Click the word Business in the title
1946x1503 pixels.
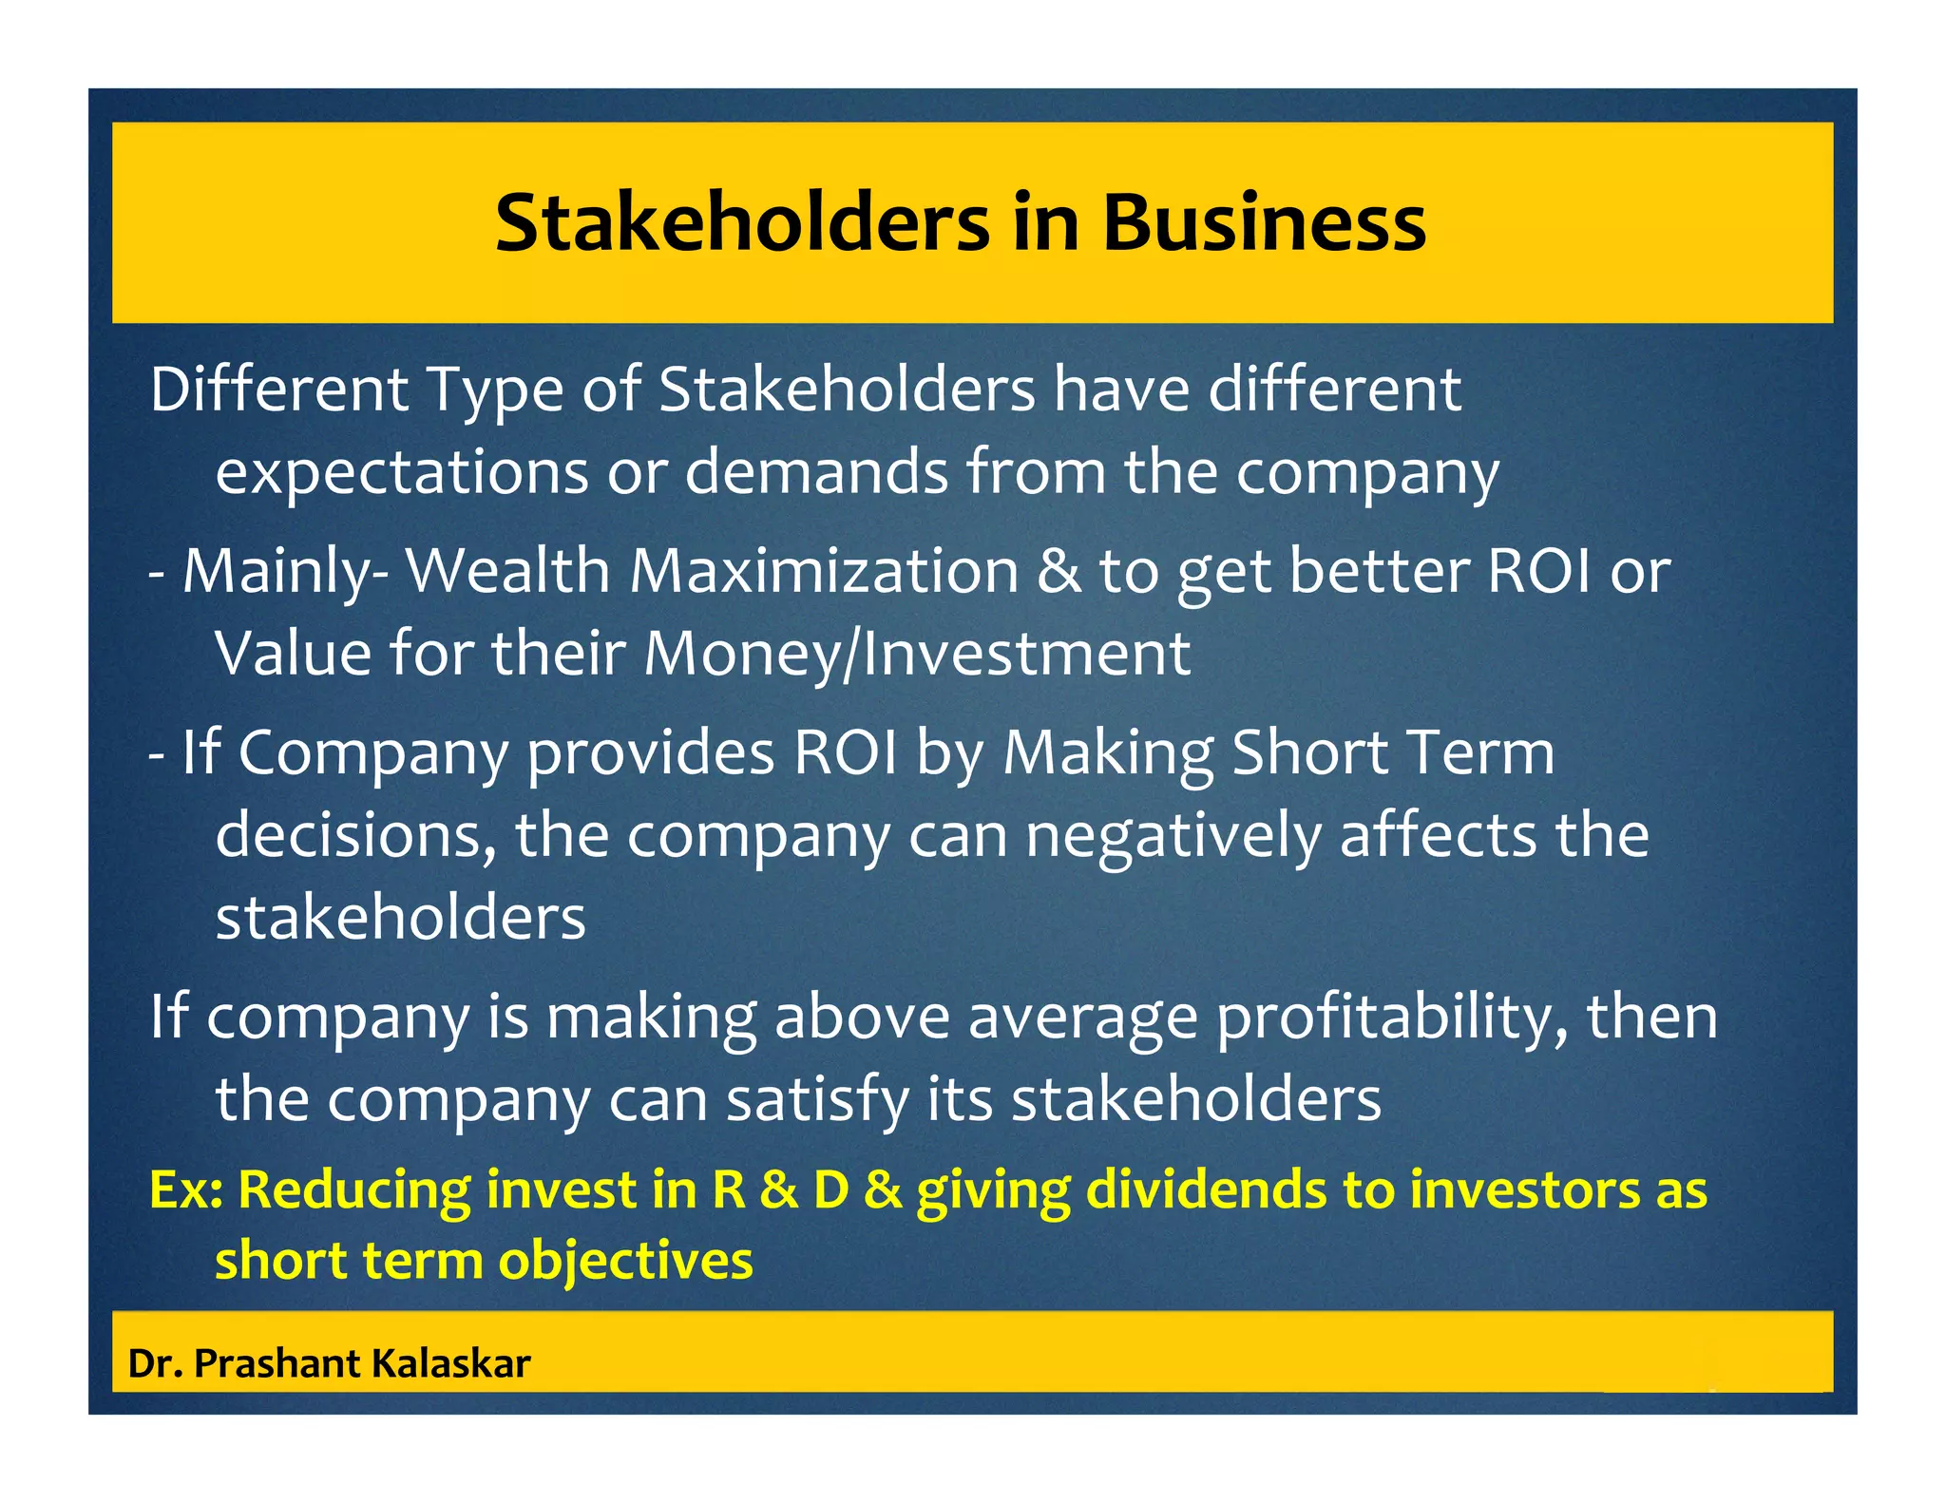pyautogui.click(x=1264, y=222)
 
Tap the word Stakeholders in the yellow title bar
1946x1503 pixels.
pyautogui.click(x=742, y=222)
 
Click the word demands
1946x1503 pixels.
pyautogui.click(x=816, y=471)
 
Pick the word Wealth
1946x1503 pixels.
pyautogui.click(x=507, y=571)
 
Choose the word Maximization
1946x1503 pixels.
pyautogui.click(x=824, y=571)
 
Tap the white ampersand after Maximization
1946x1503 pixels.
pyautogui.click(x=1059, y=571)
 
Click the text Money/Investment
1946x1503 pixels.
pyautogui.click(x=917, y=654)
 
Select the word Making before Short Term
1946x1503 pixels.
pyautogui.click(x=1108, y=752)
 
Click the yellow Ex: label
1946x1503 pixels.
pyautogui.click(x=185, y=1189)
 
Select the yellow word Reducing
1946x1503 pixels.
pyautogui.click(x=354, y=1190)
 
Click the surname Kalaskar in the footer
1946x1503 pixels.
pyautogui.click(x=450, y=1364)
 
